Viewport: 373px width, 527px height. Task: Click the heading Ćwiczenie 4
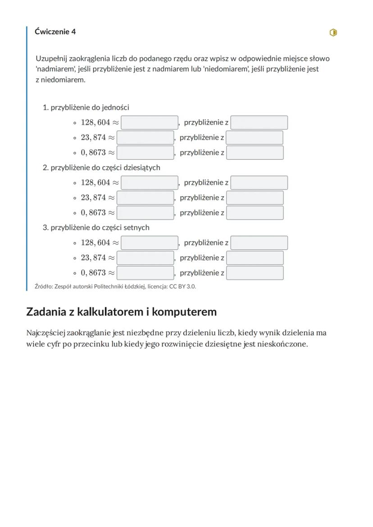[55, 32]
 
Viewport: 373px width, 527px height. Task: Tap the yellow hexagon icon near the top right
[333, 32]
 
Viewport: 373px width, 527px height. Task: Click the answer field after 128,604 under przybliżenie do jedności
[150, 122]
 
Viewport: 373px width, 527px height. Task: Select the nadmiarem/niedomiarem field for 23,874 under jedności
[255, 138]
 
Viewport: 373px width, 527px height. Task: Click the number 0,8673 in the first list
[93, 153]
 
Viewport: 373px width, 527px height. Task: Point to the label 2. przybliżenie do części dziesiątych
[101, 167]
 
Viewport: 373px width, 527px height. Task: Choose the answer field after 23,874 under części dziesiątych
[145, 198]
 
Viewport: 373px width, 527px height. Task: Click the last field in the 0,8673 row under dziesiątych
[255, 212]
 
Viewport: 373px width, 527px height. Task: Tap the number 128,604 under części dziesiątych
[96, 183]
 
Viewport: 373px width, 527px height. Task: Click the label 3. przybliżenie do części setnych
[96, 228]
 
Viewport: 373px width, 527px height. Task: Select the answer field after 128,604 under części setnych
[150, 243]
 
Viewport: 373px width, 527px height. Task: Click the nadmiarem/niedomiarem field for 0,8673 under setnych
[255, 273]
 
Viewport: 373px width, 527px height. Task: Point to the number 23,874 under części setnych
[93, 258]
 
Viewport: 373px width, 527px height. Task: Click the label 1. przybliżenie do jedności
[86, 108]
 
